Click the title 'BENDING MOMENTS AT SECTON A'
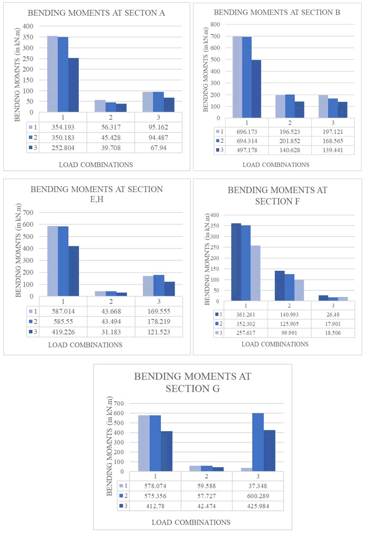[96, 13]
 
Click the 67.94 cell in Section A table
[158, 148]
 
